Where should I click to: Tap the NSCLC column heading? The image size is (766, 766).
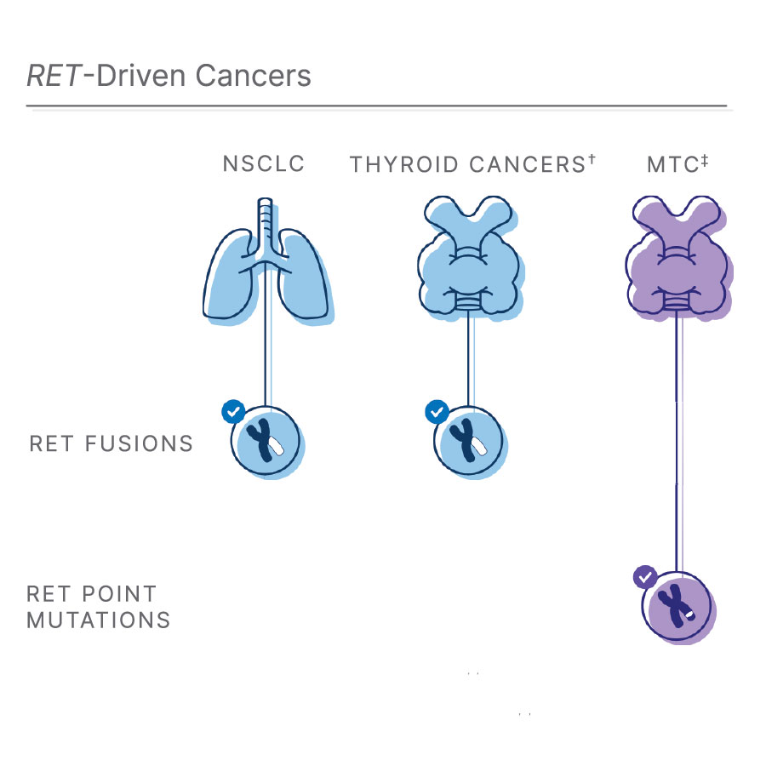(x=264, y=163)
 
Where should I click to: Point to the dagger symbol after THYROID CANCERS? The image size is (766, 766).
(x=591, y=159)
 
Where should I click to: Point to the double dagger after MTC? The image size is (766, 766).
(x=706, y=159)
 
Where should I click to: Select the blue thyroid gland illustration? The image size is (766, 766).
(x=467, y=260)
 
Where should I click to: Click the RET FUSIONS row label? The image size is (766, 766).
(x=111, y=444)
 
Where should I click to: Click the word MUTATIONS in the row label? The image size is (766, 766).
(x=99, y=620)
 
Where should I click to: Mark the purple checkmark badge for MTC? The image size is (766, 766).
(x=645, y=577)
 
